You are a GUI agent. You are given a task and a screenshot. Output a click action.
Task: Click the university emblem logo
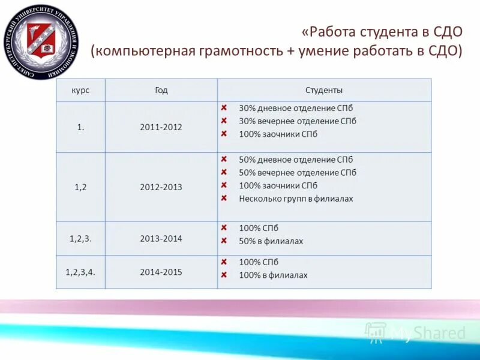pyautogui.click(x=40, y=41)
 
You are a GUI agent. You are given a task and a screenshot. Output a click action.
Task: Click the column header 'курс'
pyautogui.click(x=80, y=90)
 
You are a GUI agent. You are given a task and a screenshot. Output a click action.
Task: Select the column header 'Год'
pyautogui.click(x=161, y=90)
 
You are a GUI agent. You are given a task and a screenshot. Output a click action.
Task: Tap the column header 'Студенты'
pyautogui.click(x=324, y=90)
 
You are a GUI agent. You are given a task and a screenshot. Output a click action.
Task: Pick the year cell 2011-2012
pyautogui.click(x=161, y=127)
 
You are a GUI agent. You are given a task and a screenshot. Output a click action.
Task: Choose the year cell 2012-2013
pyautogui.click(x=161, y=187)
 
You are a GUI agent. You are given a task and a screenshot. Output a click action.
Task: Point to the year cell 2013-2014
pyautogui.click(x=161, y=238)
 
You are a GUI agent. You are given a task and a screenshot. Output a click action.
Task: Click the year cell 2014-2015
pyautogui.click(x=161, y=272)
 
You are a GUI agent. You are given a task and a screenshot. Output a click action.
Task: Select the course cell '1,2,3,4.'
pyautogui.click(x=80, y=272)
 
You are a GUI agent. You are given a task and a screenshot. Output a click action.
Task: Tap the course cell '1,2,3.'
pyautogui.click(x=80, y=238)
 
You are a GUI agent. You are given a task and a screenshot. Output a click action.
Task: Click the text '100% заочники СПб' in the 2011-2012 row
pyautogui.click(x=278, y=134)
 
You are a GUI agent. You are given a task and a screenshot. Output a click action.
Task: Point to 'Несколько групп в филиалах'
pyautogui.click(x=296, y=199)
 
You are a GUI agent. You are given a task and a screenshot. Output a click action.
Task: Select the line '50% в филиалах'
pyautogui.click(x=271, y=241)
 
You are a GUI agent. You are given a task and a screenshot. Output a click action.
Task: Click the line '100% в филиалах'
pyautogui.click(x=273, y=275)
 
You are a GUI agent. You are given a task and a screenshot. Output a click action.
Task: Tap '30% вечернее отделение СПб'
pyautogui.click(x=297, y=121)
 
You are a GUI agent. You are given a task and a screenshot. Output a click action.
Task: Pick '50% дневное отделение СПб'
pyautogui.click(x=296, y=160)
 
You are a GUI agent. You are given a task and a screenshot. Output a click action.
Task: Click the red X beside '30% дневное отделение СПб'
pyautogui.click(x=223, y=109)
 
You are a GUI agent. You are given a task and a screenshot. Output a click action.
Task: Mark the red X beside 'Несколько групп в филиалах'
pyautogui.click(x=223, y=199)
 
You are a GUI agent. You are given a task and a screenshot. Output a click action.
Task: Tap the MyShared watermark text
pyautogui.click(x=427, y=334)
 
